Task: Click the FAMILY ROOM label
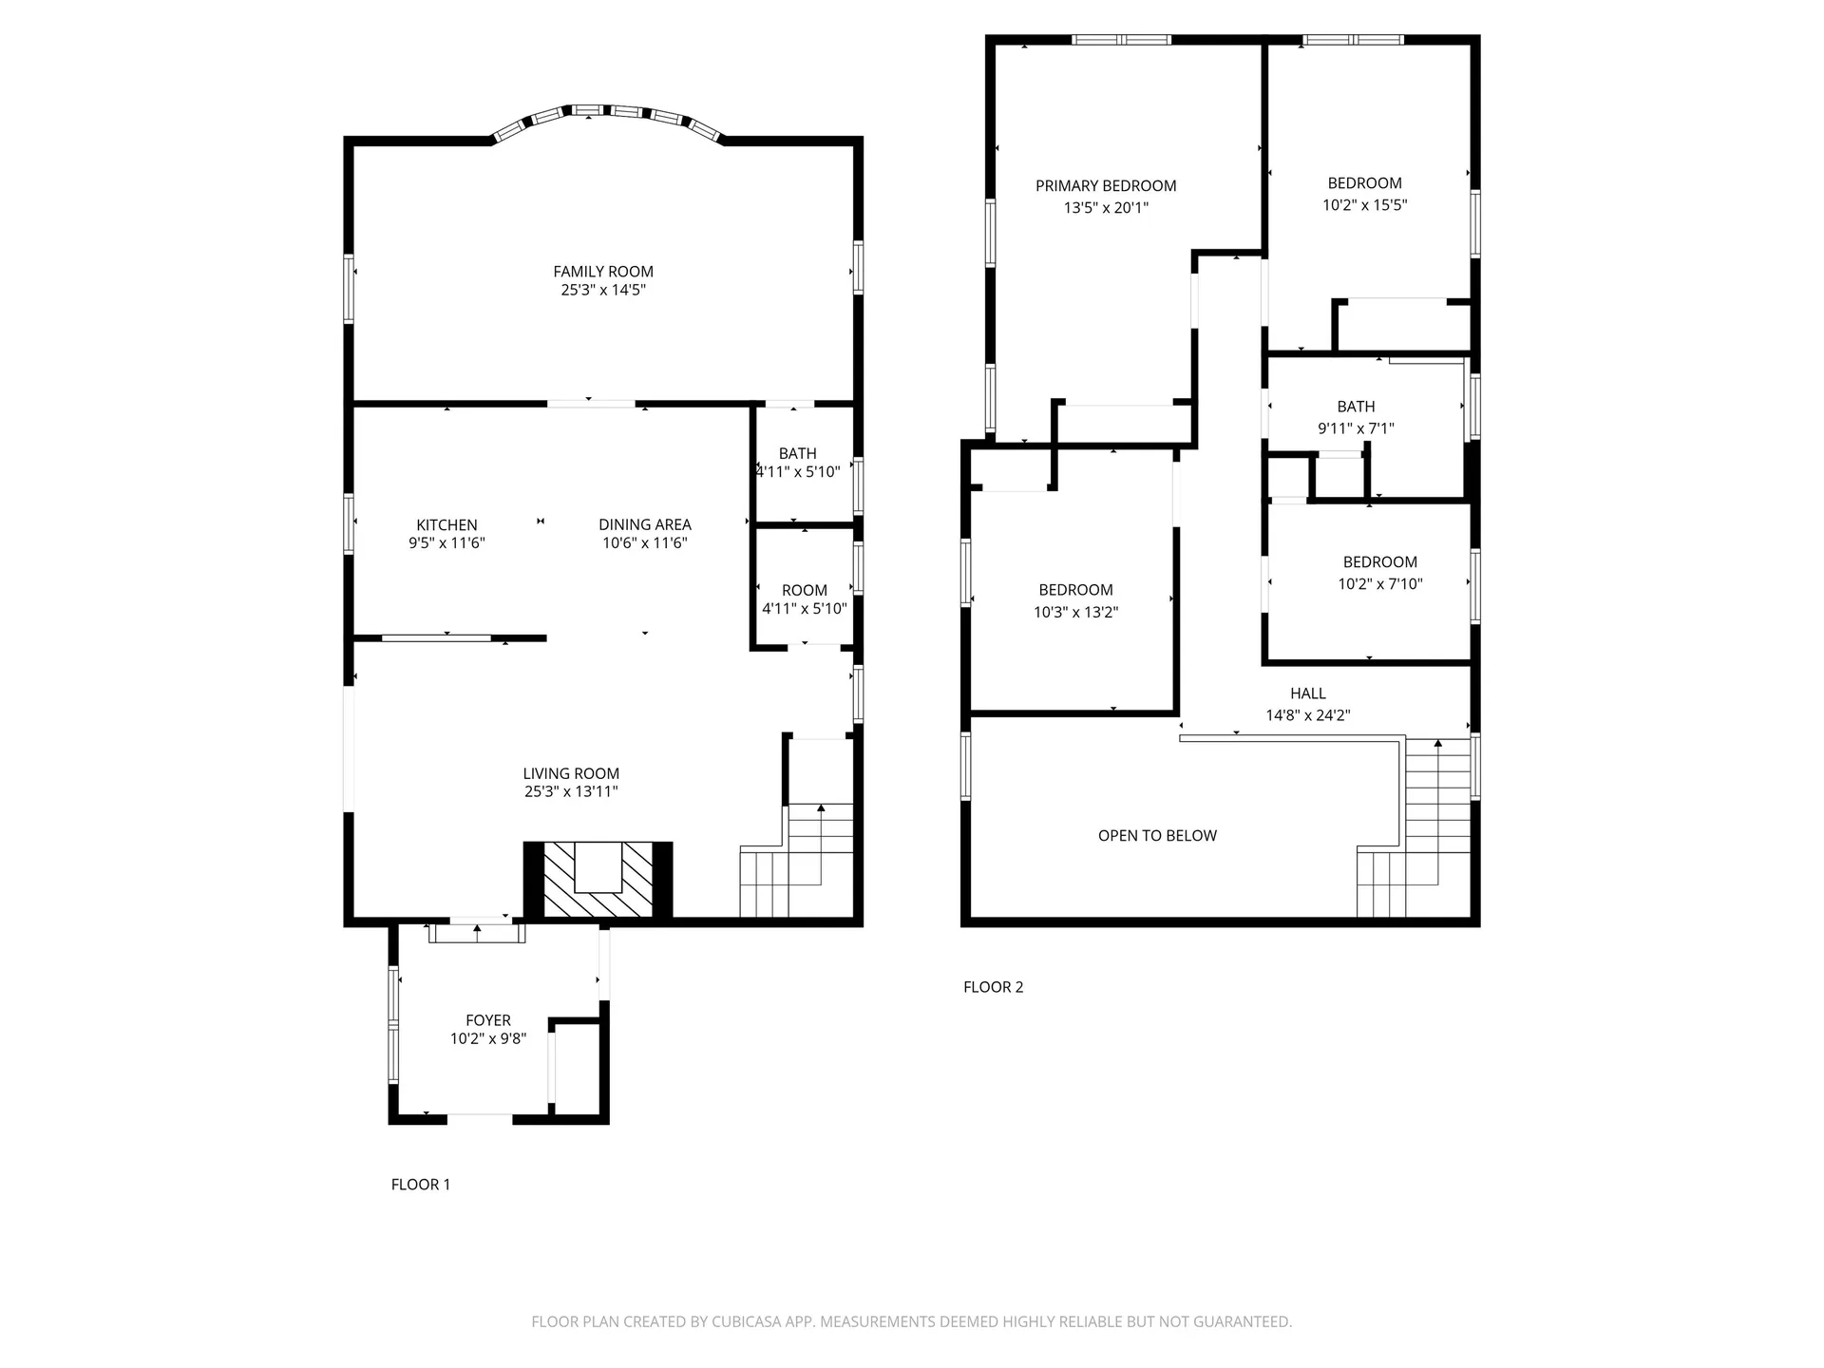(603, 272)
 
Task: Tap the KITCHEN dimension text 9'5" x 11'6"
(446, 543)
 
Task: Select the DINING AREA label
(645, 524)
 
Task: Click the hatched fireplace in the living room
(598, 881)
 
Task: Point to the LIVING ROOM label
(571, 773)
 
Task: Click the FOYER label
(488, 1020)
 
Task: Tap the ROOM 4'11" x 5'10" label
(805, 599)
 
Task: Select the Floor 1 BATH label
(798, 453)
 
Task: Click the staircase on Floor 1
(796, 860)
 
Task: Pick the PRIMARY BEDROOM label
(1106, 186)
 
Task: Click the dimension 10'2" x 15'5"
(1365, 205)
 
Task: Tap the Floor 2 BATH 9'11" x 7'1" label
(1356, 417)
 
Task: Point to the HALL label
(1308, 693)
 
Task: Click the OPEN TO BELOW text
(1157, 836)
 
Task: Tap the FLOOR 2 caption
(993, 987)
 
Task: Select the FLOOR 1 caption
(421, 1185)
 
